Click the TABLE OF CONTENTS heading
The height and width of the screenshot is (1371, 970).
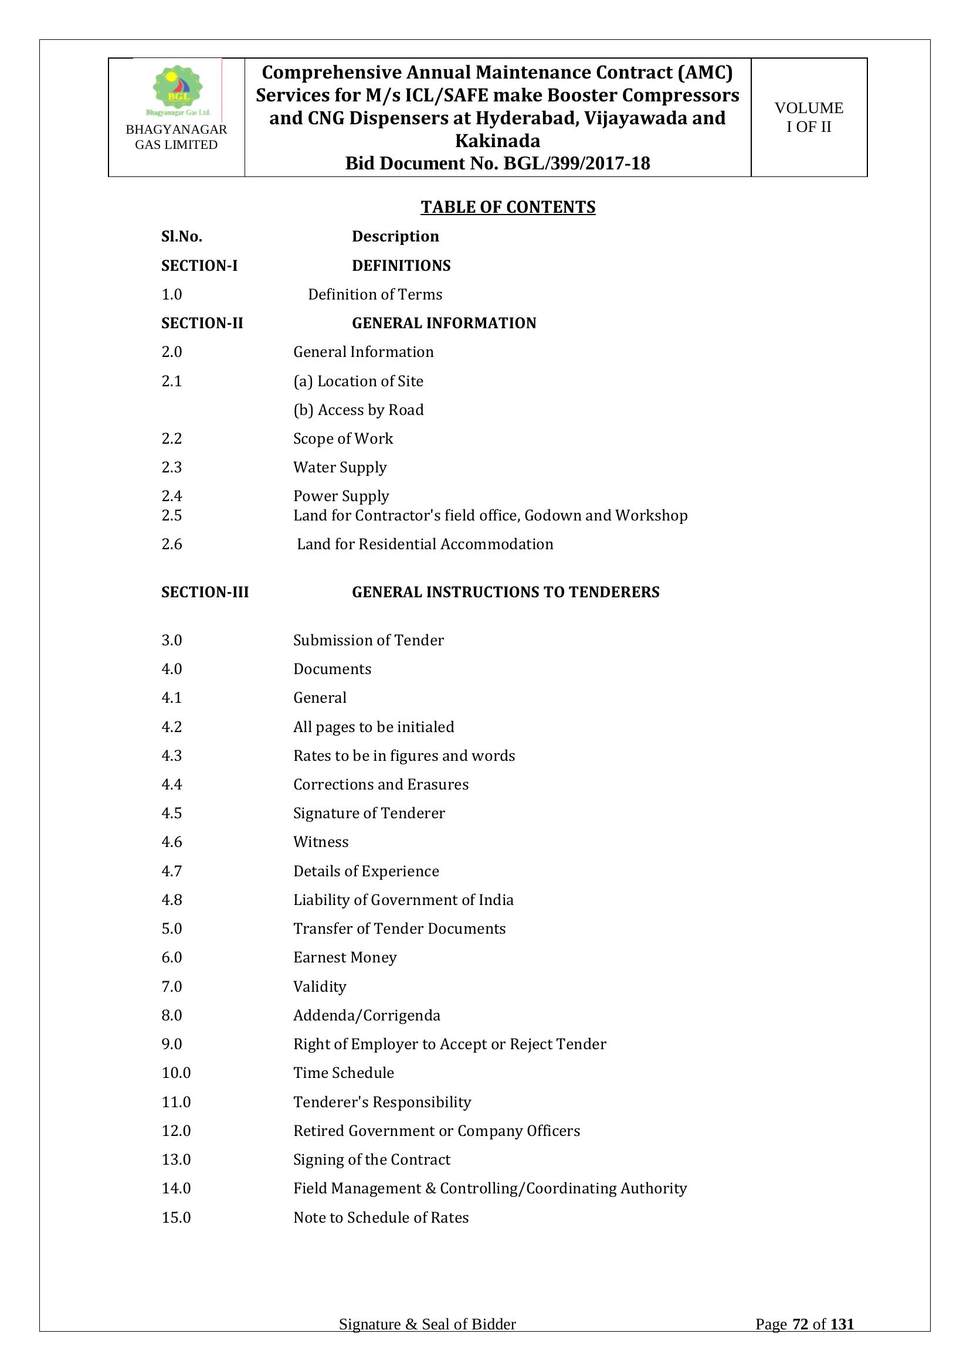point(508,206)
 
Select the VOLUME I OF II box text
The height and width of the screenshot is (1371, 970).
point(808,117)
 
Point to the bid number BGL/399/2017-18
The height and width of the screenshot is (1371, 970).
point(576,163)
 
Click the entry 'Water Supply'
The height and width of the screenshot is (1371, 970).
point(340,467)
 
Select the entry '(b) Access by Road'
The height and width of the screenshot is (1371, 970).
point(358,410)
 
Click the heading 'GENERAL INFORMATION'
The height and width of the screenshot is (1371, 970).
point(444,323)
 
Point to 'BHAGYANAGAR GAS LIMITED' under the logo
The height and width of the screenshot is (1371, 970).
point(176,137)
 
